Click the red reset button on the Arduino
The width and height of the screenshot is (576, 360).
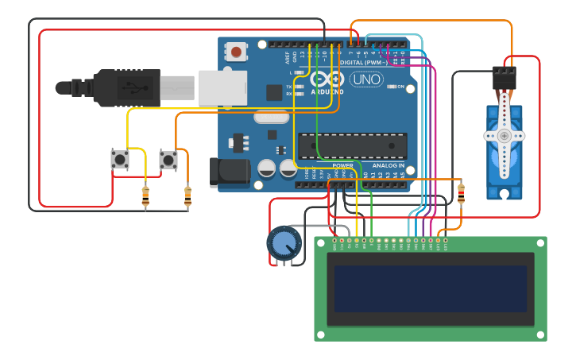point(236,52)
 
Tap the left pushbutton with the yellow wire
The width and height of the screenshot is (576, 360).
point(120,160)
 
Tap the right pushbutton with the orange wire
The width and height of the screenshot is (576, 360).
point(168,160)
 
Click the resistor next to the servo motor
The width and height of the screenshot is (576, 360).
point(462,193)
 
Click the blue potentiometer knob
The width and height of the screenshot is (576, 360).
point(284,243)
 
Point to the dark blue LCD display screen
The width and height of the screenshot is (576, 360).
point(430,288)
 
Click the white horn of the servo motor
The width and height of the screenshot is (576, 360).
point(504,137)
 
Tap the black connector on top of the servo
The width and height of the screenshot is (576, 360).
point(504,77)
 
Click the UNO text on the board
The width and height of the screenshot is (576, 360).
point(366,79)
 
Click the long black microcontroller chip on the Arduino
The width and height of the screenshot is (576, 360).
point(352,146)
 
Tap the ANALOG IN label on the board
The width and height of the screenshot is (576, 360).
point(388,165)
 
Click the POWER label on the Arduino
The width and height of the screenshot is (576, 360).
point(342,165)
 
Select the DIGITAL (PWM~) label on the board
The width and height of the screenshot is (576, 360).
point(363,62)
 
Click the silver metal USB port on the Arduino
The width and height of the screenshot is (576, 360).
point(221,87)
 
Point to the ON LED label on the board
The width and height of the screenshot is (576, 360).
point(400,86)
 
